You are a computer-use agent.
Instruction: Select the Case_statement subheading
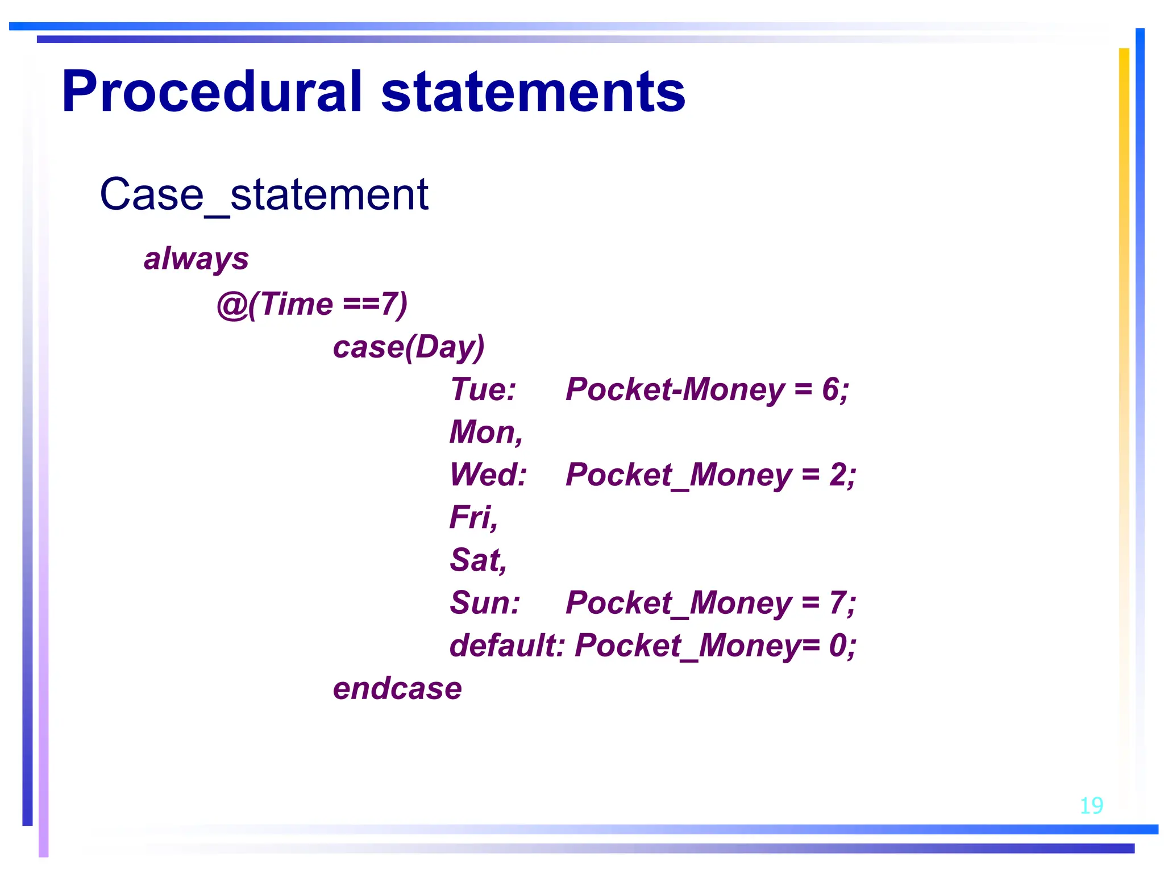tap(264, 194)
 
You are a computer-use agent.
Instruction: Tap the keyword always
tap(196, 259)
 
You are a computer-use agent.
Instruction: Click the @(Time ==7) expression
tap(312, 304)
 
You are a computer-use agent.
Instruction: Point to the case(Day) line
tap(408, 347)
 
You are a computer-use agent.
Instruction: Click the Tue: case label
tap(483, 390)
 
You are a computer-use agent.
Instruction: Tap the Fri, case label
tap(473, 518)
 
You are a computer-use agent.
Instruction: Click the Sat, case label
tap(478, 560)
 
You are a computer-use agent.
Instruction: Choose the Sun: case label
tap(485, 603)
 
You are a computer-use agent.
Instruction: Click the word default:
tap(507, 646)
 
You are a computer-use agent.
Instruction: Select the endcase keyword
tap(397, 689)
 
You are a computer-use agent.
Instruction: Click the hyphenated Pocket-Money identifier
tap(675, 390)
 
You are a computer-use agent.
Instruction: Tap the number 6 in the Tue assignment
tap(830, 390)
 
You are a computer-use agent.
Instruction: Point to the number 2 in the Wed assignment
tap(838, 475)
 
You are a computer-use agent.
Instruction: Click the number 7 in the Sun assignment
tap(838, 603)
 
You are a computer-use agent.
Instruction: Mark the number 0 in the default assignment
tap(838, 646)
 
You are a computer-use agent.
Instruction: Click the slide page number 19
tap(1091, 805)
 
